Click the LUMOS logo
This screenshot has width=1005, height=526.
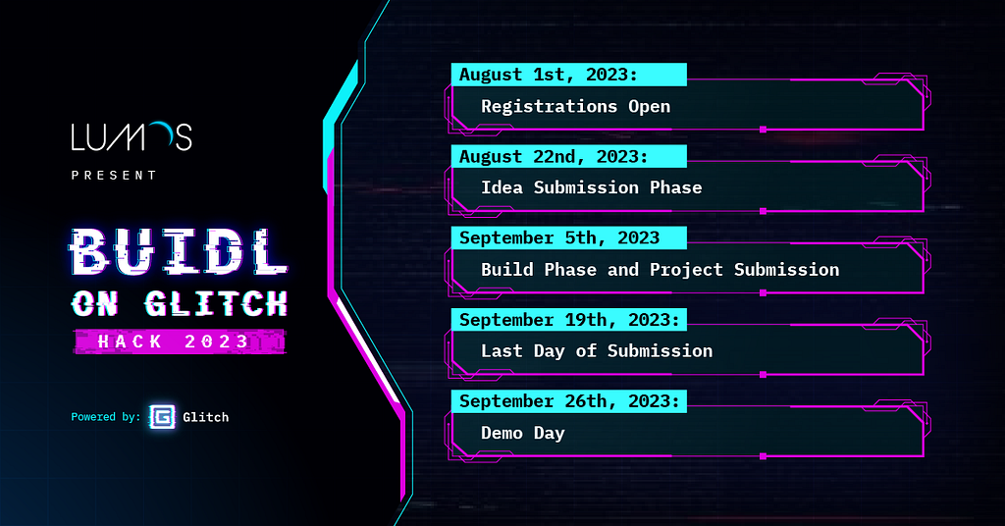(132, 136)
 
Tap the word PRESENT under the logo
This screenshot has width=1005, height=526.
(114, 176)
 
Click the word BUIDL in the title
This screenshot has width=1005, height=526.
(179, 252)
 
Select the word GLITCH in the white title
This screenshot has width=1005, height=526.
(216, 303)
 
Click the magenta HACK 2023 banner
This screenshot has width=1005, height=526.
(180, 342)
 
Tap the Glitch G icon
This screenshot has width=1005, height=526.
(162, 416)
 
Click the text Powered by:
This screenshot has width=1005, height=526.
(105, 417)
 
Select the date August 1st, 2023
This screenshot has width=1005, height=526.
(549, 75)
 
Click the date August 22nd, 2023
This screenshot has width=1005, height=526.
(554, 156)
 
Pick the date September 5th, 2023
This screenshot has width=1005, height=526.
(559, 238)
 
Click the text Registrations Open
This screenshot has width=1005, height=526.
(575, 106)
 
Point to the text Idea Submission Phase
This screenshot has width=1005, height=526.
(592, 187)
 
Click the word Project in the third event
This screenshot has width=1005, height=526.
(686, 270)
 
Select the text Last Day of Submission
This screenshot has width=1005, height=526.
(597, 351)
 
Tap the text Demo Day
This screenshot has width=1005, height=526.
(523, 433)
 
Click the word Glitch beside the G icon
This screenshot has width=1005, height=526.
(206, 417)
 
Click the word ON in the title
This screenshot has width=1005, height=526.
(95, 304)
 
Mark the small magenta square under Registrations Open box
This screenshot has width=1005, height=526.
(763, 130)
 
